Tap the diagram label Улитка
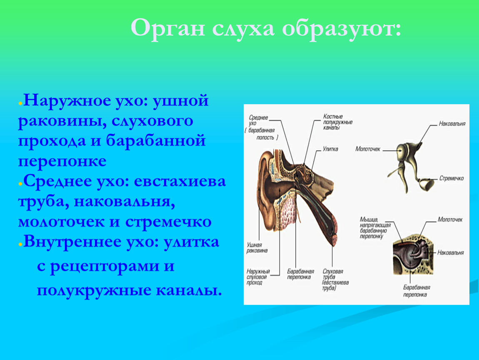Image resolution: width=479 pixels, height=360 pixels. [331, 149]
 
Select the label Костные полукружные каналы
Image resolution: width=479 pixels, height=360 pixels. [337, 122]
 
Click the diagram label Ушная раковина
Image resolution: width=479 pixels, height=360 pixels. [257, 247]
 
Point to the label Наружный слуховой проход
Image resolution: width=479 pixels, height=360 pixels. [258, 277]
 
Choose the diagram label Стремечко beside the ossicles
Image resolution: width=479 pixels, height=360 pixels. [452, 178]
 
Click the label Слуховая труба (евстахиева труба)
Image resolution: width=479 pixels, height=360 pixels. [335, 280]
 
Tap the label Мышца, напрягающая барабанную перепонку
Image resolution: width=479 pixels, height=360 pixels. [375, 228]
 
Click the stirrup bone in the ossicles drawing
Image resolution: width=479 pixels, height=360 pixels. [426, 184]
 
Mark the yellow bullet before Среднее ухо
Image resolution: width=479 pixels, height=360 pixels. [20, 184]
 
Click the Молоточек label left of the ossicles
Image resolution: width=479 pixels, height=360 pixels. [368, 149]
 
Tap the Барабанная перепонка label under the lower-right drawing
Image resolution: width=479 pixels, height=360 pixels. [417, 291]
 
